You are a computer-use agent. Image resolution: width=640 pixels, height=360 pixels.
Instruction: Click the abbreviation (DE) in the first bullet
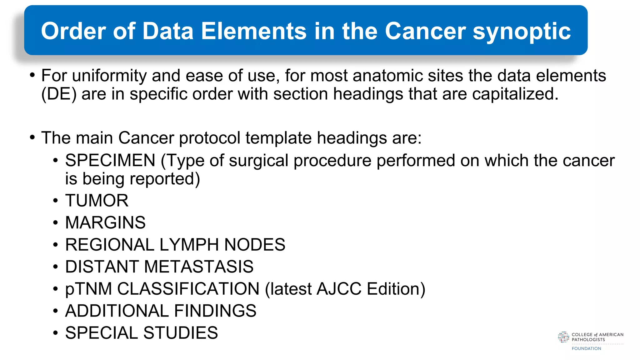point(59,94)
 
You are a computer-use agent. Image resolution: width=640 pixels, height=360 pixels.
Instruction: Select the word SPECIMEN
point(110,160)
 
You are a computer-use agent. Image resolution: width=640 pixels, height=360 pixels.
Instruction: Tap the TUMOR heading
point(97,200)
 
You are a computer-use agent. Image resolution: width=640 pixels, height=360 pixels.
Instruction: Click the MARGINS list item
point(105,222)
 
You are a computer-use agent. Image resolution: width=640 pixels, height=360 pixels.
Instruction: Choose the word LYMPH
point(189,244)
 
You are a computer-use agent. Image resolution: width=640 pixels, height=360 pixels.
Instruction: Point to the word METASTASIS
point(199,267)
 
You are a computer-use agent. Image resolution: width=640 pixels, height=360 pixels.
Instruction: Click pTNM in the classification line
point(88,289)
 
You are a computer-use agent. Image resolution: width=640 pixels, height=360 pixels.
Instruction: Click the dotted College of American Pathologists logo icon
point(563,337)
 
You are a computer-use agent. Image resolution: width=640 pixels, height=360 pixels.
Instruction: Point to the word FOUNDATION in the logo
point(586,348)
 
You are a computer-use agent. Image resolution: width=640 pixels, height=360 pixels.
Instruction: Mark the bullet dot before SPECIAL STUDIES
point(55,333)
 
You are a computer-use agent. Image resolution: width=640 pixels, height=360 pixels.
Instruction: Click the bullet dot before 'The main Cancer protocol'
point(32,138)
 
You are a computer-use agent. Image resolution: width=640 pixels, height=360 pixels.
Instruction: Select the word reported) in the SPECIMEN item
point(165,179)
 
